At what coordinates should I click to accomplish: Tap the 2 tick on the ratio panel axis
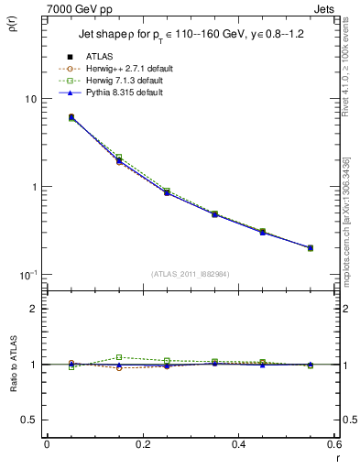tap(33, 310)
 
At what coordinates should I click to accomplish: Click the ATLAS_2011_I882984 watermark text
tap(190, 274)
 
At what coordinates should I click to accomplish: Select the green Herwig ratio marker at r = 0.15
tap(118, 357)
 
